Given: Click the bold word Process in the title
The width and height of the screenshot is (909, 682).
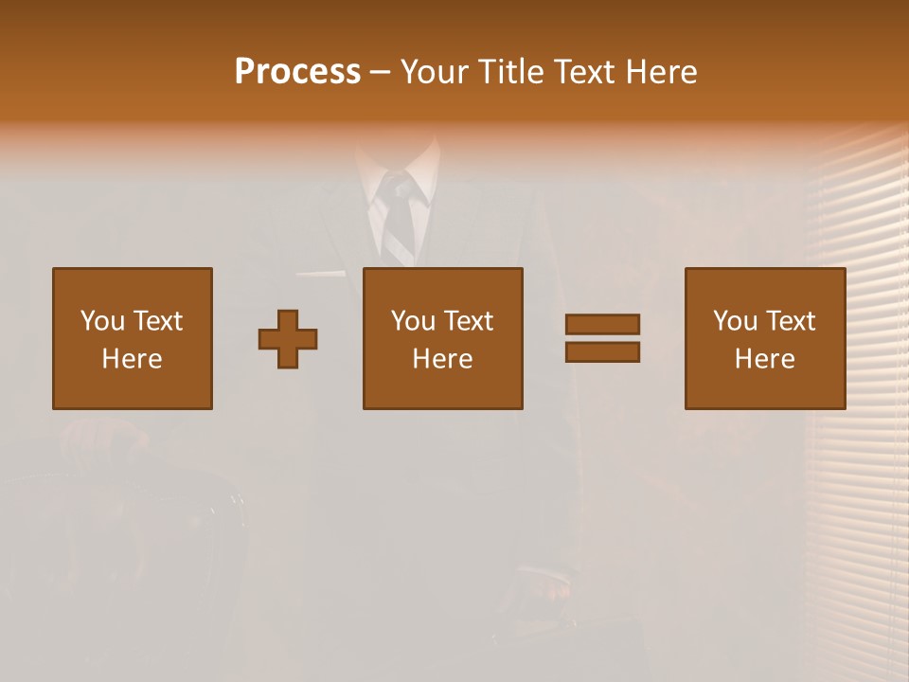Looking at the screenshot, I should click(297, 72).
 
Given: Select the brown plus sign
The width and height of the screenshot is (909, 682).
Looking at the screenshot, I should click(288, 339).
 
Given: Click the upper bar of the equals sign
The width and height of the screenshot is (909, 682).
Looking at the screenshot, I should click(602, 324).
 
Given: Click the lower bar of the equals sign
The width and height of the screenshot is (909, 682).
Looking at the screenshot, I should click(602, 352).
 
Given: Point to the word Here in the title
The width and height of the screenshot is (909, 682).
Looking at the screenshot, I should click(661, 72).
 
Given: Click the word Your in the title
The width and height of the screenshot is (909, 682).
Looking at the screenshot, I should click(435, 72).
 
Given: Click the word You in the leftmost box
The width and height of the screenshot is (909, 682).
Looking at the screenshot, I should click(101, 321).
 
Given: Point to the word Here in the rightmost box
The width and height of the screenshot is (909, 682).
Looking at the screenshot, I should click(765, 359).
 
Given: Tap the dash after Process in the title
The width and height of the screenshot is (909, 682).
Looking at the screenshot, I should click(381, 72).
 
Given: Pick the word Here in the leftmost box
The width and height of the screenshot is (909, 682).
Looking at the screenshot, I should click(133, 359).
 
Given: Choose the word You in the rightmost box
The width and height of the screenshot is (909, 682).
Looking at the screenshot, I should click(734, 321).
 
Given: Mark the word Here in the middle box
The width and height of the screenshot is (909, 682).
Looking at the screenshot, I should click(443, 359).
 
